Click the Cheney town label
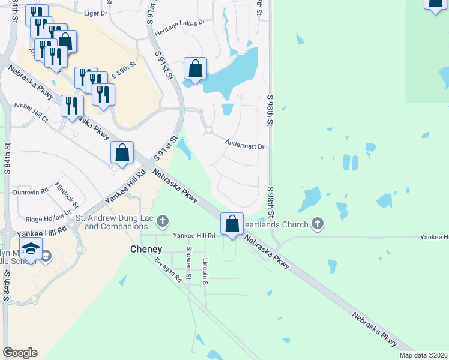pos(146,249)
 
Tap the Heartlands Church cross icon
pos(318,224)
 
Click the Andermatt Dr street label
pos(245,145)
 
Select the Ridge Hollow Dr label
pos(44,218)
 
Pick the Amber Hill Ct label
pos(31,112)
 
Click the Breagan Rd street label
pos(167,269)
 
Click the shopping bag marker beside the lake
pos(195,68)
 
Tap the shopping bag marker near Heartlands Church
pos(232,224)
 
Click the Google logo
pos(20,353)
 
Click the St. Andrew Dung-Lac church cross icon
pos(162,223)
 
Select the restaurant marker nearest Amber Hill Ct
pos(72,106)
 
